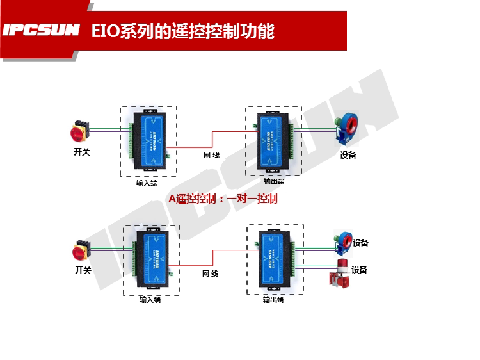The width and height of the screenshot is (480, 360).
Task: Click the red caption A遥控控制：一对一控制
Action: click(x=223, y=199)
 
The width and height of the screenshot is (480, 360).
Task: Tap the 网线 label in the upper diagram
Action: click(x=212, y=156)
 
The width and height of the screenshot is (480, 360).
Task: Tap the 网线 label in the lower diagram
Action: click(x=210, y=274)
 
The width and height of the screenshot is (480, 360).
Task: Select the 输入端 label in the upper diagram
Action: click(x=147, y=183)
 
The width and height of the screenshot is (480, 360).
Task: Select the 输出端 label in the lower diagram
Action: click(x=273, y=300)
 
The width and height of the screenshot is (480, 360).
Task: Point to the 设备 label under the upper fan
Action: click(x=348, y=155)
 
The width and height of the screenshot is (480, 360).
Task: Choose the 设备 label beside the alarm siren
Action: click(x=360, y=270)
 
